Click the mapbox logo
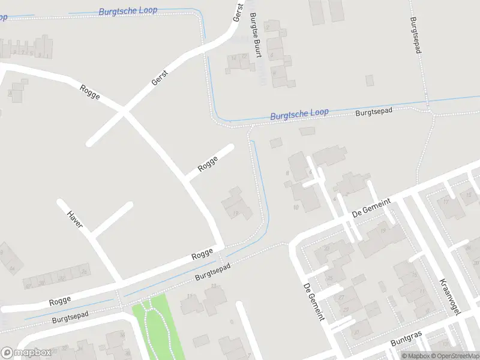tap(26, 353)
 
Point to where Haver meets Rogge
tap(119, 281)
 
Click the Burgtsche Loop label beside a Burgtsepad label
tap(299, 113)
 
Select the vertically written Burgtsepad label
tap(415, 35)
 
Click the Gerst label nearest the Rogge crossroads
tap(160, 77)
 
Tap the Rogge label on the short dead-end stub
tap(207, 163)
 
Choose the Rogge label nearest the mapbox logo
tap(60, 299)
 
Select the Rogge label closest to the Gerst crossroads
tap(89, 92)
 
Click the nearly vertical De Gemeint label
tap(313, 301)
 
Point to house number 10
tap(295, 207)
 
